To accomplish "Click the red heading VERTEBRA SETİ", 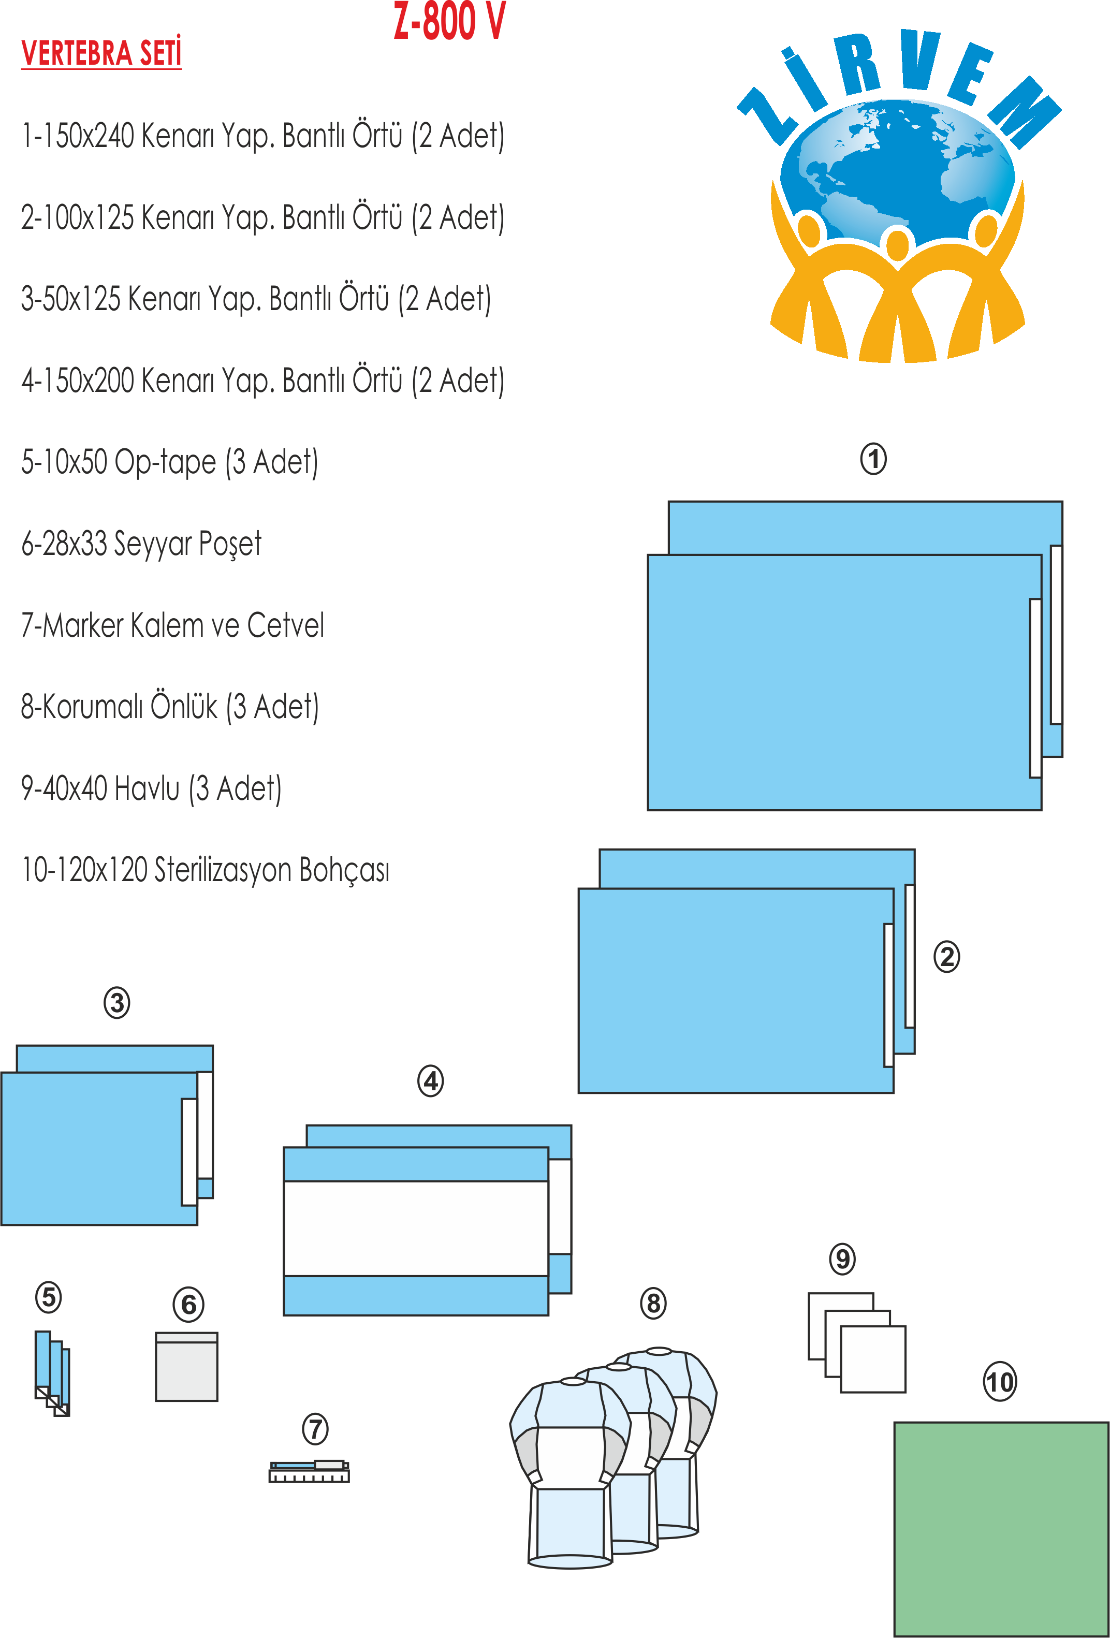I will (x=101, y=53).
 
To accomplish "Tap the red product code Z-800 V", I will (x=449, y=21).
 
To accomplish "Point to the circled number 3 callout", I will (x=117, y=1002).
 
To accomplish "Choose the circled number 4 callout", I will (x=431, y=1081).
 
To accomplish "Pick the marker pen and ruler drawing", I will (x=309, y=1472).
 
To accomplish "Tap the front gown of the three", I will (x=569, y=1473).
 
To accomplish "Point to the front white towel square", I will (x=873, y=1359).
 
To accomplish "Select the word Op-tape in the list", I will (x=165, y=462).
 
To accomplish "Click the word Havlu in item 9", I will (x=147, y=788).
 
